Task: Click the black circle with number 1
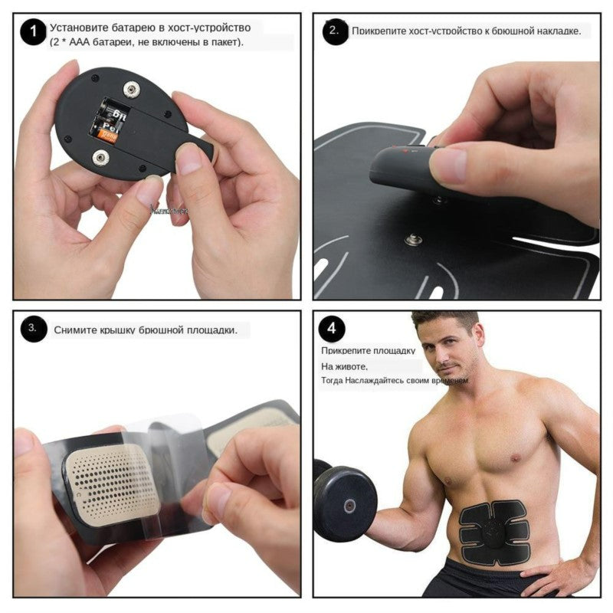pyautogui.click(x=32, y=33)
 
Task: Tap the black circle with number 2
pyautogui.click(x=334, y=31)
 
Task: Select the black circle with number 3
pyautogui.click(x=33, y=329)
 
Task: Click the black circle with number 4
pyautogui.click(x=331, y=329)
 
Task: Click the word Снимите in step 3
pyautogui.click(x=74, y=330)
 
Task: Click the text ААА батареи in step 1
pyautogui.click(x=91, y=42)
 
